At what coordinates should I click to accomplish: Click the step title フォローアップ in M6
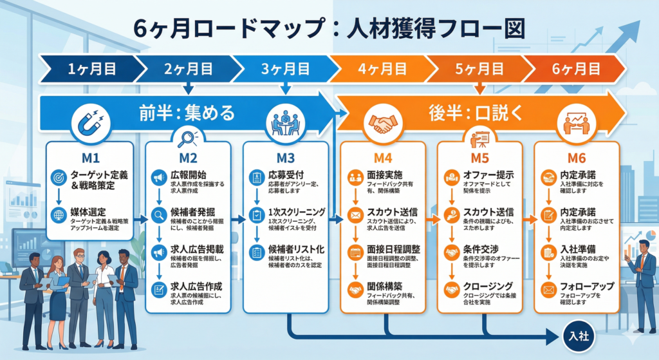[588, 287]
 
